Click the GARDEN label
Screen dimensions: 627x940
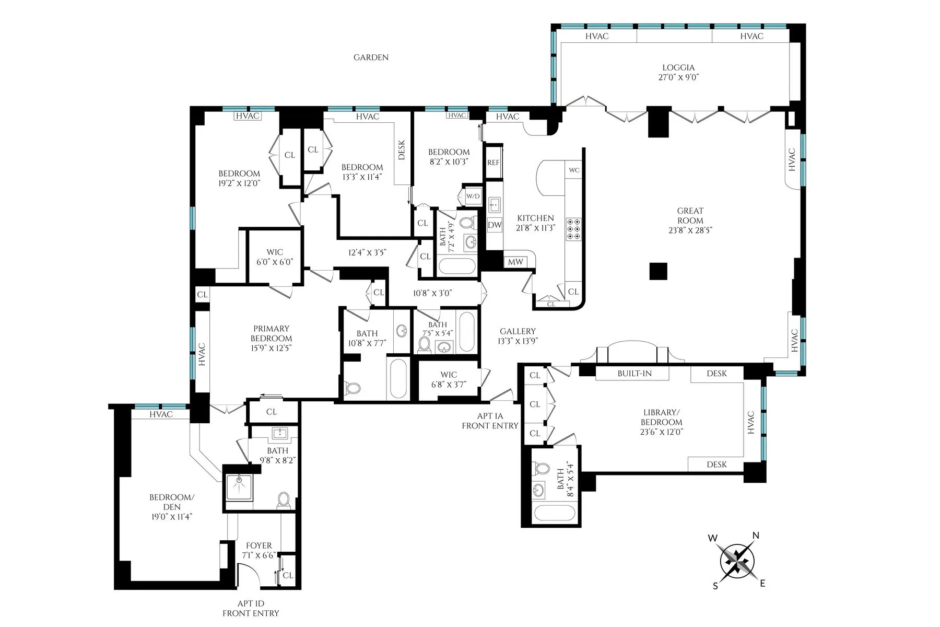[x=371, y=57]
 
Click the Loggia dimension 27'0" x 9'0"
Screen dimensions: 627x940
[x=678, y=77]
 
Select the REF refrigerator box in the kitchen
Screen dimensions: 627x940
[x=494, y=162]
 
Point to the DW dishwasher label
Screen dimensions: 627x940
[x=495, y=225]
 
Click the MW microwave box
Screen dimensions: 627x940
[x=515, y=262]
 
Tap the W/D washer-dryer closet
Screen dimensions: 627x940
[x=473, y=196]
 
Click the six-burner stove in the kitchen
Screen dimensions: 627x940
[x=573, y=228]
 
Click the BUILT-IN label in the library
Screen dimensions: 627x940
[x=634, y=374]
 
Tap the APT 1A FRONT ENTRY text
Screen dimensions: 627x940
[x=490, y=421]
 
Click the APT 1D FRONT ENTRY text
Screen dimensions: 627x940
[x=251, y=608]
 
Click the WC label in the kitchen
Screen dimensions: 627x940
[x=574, y=170]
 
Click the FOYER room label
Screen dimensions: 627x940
[x=258, y=545]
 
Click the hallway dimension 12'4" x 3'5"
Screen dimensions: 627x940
[x=367, y=253]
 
